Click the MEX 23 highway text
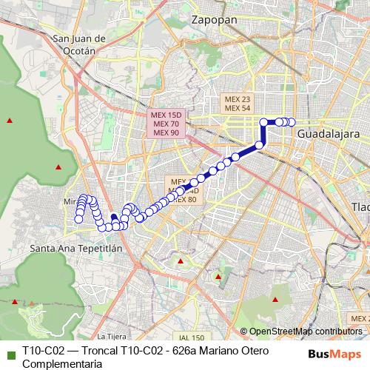[237, 99]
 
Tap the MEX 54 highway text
[237, 108]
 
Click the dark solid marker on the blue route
[113, 218]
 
